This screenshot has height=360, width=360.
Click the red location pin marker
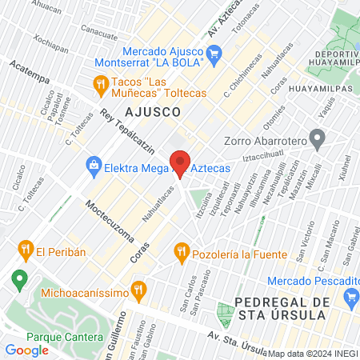pos(181,162)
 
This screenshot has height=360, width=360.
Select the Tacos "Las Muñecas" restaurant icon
pos(100,82)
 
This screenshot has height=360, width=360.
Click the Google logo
pos(26,350)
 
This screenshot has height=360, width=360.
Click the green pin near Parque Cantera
pos(18,280)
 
